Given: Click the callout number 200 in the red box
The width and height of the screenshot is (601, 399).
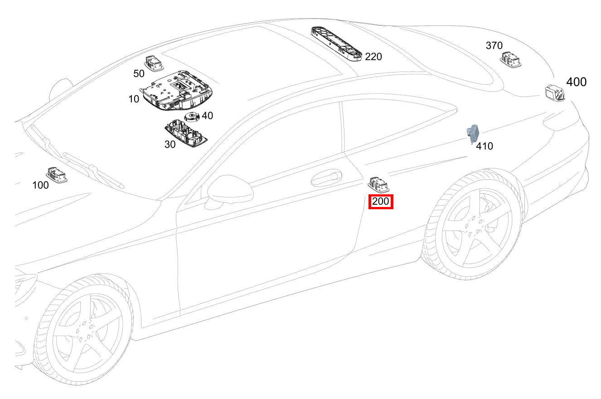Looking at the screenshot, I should pyautogui.click(x=381, y=202).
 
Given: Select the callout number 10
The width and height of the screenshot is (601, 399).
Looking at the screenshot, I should pyautogui.click(x=134, y=99).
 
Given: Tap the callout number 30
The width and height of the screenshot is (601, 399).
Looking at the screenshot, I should pyautogui.click(x=170, y=144).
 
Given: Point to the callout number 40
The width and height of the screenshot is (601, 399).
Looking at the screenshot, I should pyautogui.click(x=207, y=116).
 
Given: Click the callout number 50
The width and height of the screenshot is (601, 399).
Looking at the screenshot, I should pyautogui.click(x=139, y=73).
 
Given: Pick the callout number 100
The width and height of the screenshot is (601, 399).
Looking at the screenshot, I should pyautogui.click(x=41, y=185).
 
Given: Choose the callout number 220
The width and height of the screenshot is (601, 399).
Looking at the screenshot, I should pyautogui.click(x=373, y=57).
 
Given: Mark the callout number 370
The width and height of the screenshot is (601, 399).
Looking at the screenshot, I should pyautogui.click(x=494, y=45).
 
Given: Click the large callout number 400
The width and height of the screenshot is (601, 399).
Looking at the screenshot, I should pyautogui.click(x=576, y=82).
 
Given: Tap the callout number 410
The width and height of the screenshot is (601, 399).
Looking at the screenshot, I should pyautogui.click(x=485, y=146).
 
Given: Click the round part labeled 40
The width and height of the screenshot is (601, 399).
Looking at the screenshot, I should pyautogui.click(x=193, y=117).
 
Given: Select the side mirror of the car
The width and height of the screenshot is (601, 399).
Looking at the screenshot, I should pyautogui.click(x=229, y=191).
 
